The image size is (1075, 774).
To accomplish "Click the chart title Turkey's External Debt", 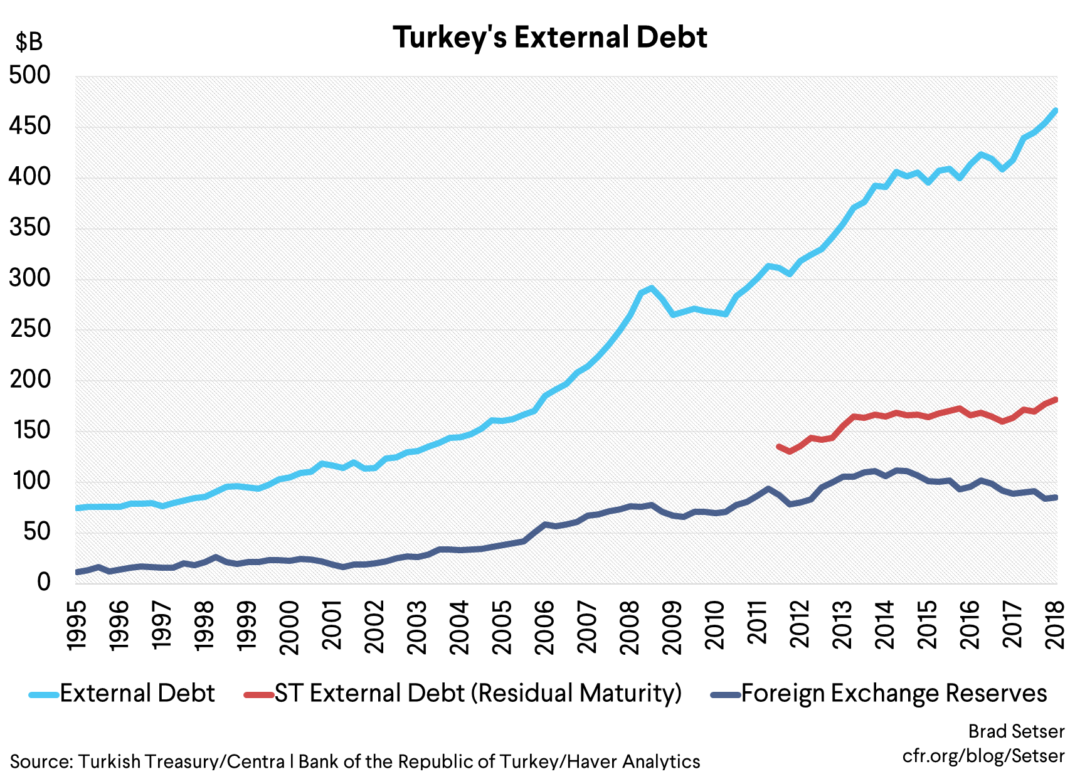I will (x=549, y=37).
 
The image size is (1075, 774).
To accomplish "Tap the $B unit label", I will (x=29, y=42).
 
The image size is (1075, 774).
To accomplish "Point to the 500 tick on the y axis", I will (x=29, y=75).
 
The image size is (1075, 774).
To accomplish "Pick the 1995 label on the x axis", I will (x=77, y=625).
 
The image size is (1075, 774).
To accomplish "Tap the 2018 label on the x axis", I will (x=1056, y=625).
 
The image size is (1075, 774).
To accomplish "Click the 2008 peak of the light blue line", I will (x=652, y=289).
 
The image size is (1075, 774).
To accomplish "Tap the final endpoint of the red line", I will (x=1056, y=400).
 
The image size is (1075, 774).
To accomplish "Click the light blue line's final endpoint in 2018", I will (x=1056, y=111).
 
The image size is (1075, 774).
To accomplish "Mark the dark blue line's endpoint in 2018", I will (x=1056, y=497).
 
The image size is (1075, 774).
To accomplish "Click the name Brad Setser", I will (x=1016, y=731).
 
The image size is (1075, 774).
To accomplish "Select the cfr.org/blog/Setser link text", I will (x=983, y=756).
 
